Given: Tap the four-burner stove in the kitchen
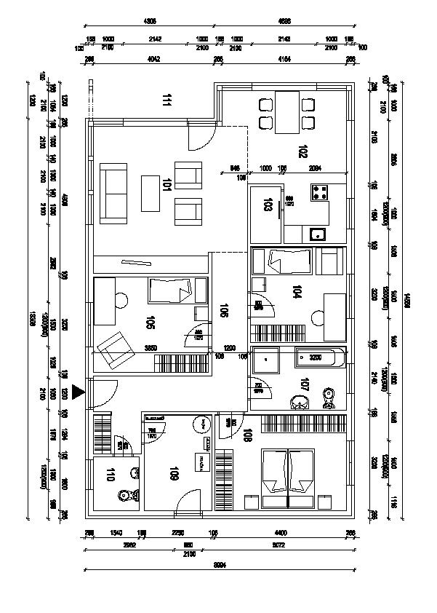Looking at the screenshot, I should pyautogui.click(x=320, y=193).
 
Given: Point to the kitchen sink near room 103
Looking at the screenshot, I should pyautogui.click(x=317, y=234).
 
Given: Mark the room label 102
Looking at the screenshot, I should pyautogui.click(x=302, y=151).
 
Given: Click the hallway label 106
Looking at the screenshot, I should pyautogui.click(x=223, y=311).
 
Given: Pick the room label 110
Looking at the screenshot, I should pyautogui.click(x=111, y=476).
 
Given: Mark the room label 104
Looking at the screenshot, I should pyautogui.click(x=295, y=293).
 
